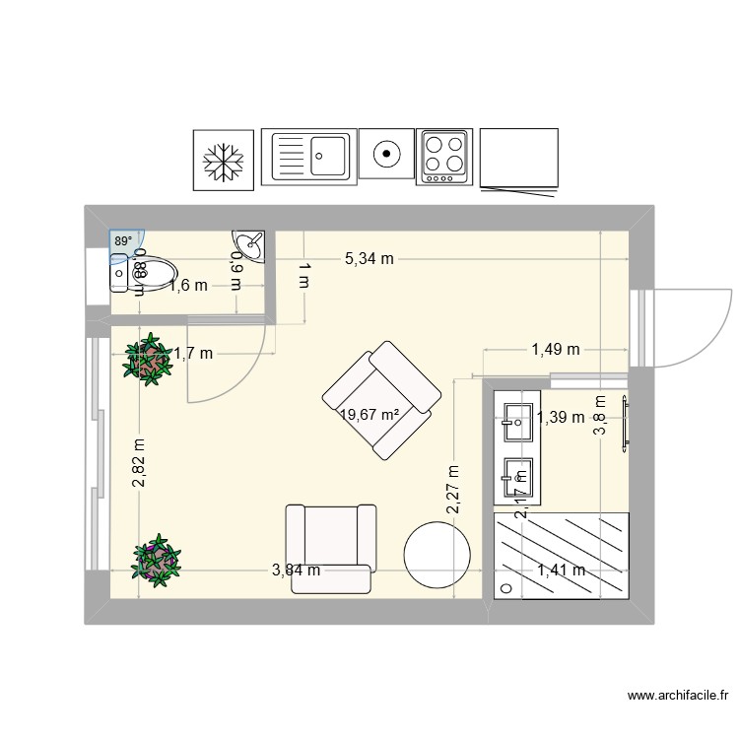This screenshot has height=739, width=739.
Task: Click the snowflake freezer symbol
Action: pyautogui.click(x=223, y=160)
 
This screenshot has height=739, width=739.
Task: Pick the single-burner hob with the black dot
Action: pyautogui.click(x=387, y=155)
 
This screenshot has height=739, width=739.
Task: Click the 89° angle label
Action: pyautogui.click(x=122, y=240)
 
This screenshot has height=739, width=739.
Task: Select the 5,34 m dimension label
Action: pyautogui.click(x=369, y=259)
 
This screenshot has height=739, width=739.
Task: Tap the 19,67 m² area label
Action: pyautogui.click(x=369, y=415)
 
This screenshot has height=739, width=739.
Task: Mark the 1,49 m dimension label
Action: pyautogui.click(x=556, y=349)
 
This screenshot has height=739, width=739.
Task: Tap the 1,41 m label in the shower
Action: pyautogui.click(x=561, y=570)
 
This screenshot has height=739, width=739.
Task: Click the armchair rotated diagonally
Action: pyautogui.click(x=382, y=399)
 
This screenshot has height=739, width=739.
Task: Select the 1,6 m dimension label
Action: pyautogui.click(x=188, y=286)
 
